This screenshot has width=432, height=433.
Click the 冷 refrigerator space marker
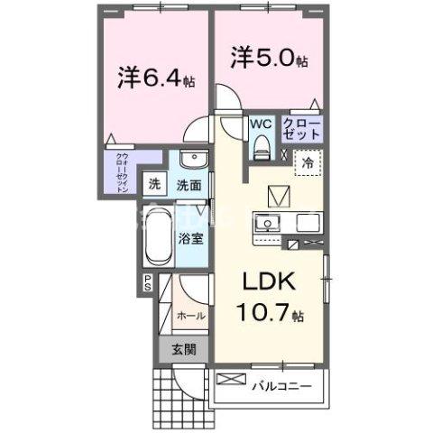308,164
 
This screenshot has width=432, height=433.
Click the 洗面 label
188,185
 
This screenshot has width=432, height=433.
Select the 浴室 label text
189,240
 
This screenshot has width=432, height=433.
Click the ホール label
191,316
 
